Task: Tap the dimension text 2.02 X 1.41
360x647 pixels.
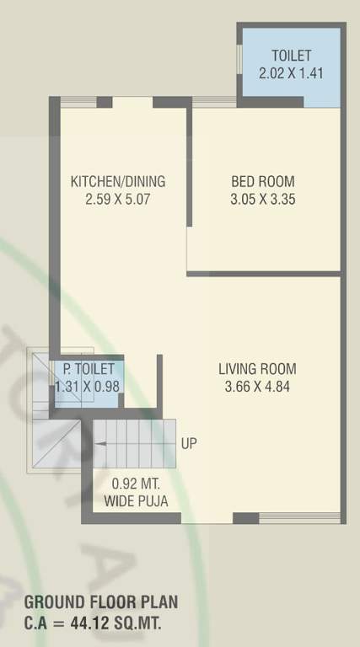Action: [x=291, y=73]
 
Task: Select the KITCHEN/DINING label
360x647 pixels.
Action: [x=117, y=181]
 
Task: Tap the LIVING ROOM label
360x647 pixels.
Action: [x=257, y=369]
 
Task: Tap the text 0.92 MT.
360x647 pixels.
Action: [x=134, y=484]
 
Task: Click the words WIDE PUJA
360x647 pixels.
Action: [x=136, y=501]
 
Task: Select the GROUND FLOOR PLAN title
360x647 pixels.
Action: [x=100, y=602]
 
